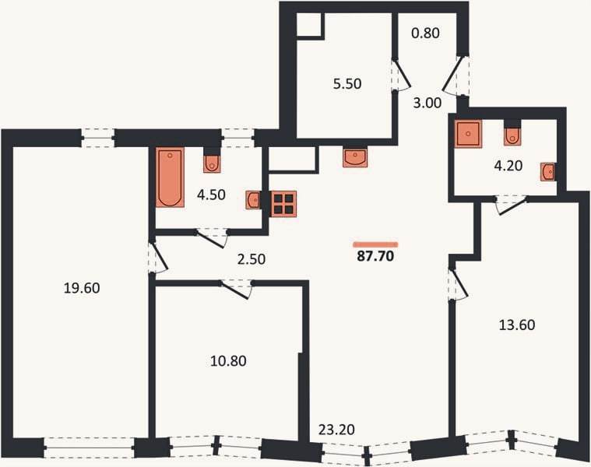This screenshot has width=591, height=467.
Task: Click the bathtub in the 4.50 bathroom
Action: tap(170, 177)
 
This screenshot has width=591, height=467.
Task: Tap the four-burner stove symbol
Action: tap(283, 204)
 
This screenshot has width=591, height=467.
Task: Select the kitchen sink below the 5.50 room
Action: tap(354, 158)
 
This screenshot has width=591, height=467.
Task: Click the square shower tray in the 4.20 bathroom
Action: tap(468, 134)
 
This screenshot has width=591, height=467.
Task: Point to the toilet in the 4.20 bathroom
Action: tap(512, 137)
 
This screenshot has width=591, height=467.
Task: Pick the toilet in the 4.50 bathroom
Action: tap(212, 163)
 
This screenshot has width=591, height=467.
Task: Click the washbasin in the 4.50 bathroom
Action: tap(253, 199)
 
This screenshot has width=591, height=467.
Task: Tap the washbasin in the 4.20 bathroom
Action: tap(548, 172)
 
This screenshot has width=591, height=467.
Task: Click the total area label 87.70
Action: tap(375, 256)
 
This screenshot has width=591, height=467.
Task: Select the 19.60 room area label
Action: tap(82, 288)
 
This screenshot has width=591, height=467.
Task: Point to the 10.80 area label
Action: tap(228, 361)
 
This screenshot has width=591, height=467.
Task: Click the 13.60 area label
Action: tap(517, 325)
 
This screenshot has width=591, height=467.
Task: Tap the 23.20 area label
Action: tap(336, 430)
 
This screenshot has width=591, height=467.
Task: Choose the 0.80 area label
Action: tap(425, 33)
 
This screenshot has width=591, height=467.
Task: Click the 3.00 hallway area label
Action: tap(427, 103)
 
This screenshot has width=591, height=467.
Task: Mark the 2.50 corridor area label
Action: tap(252, 259)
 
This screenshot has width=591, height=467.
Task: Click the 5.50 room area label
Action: tap(347, 83)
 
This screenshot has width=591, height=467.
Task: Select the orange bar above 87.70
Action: tap(375, 244)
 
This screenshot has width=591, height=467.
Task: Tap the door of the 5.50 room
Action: tap(402, 75)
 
